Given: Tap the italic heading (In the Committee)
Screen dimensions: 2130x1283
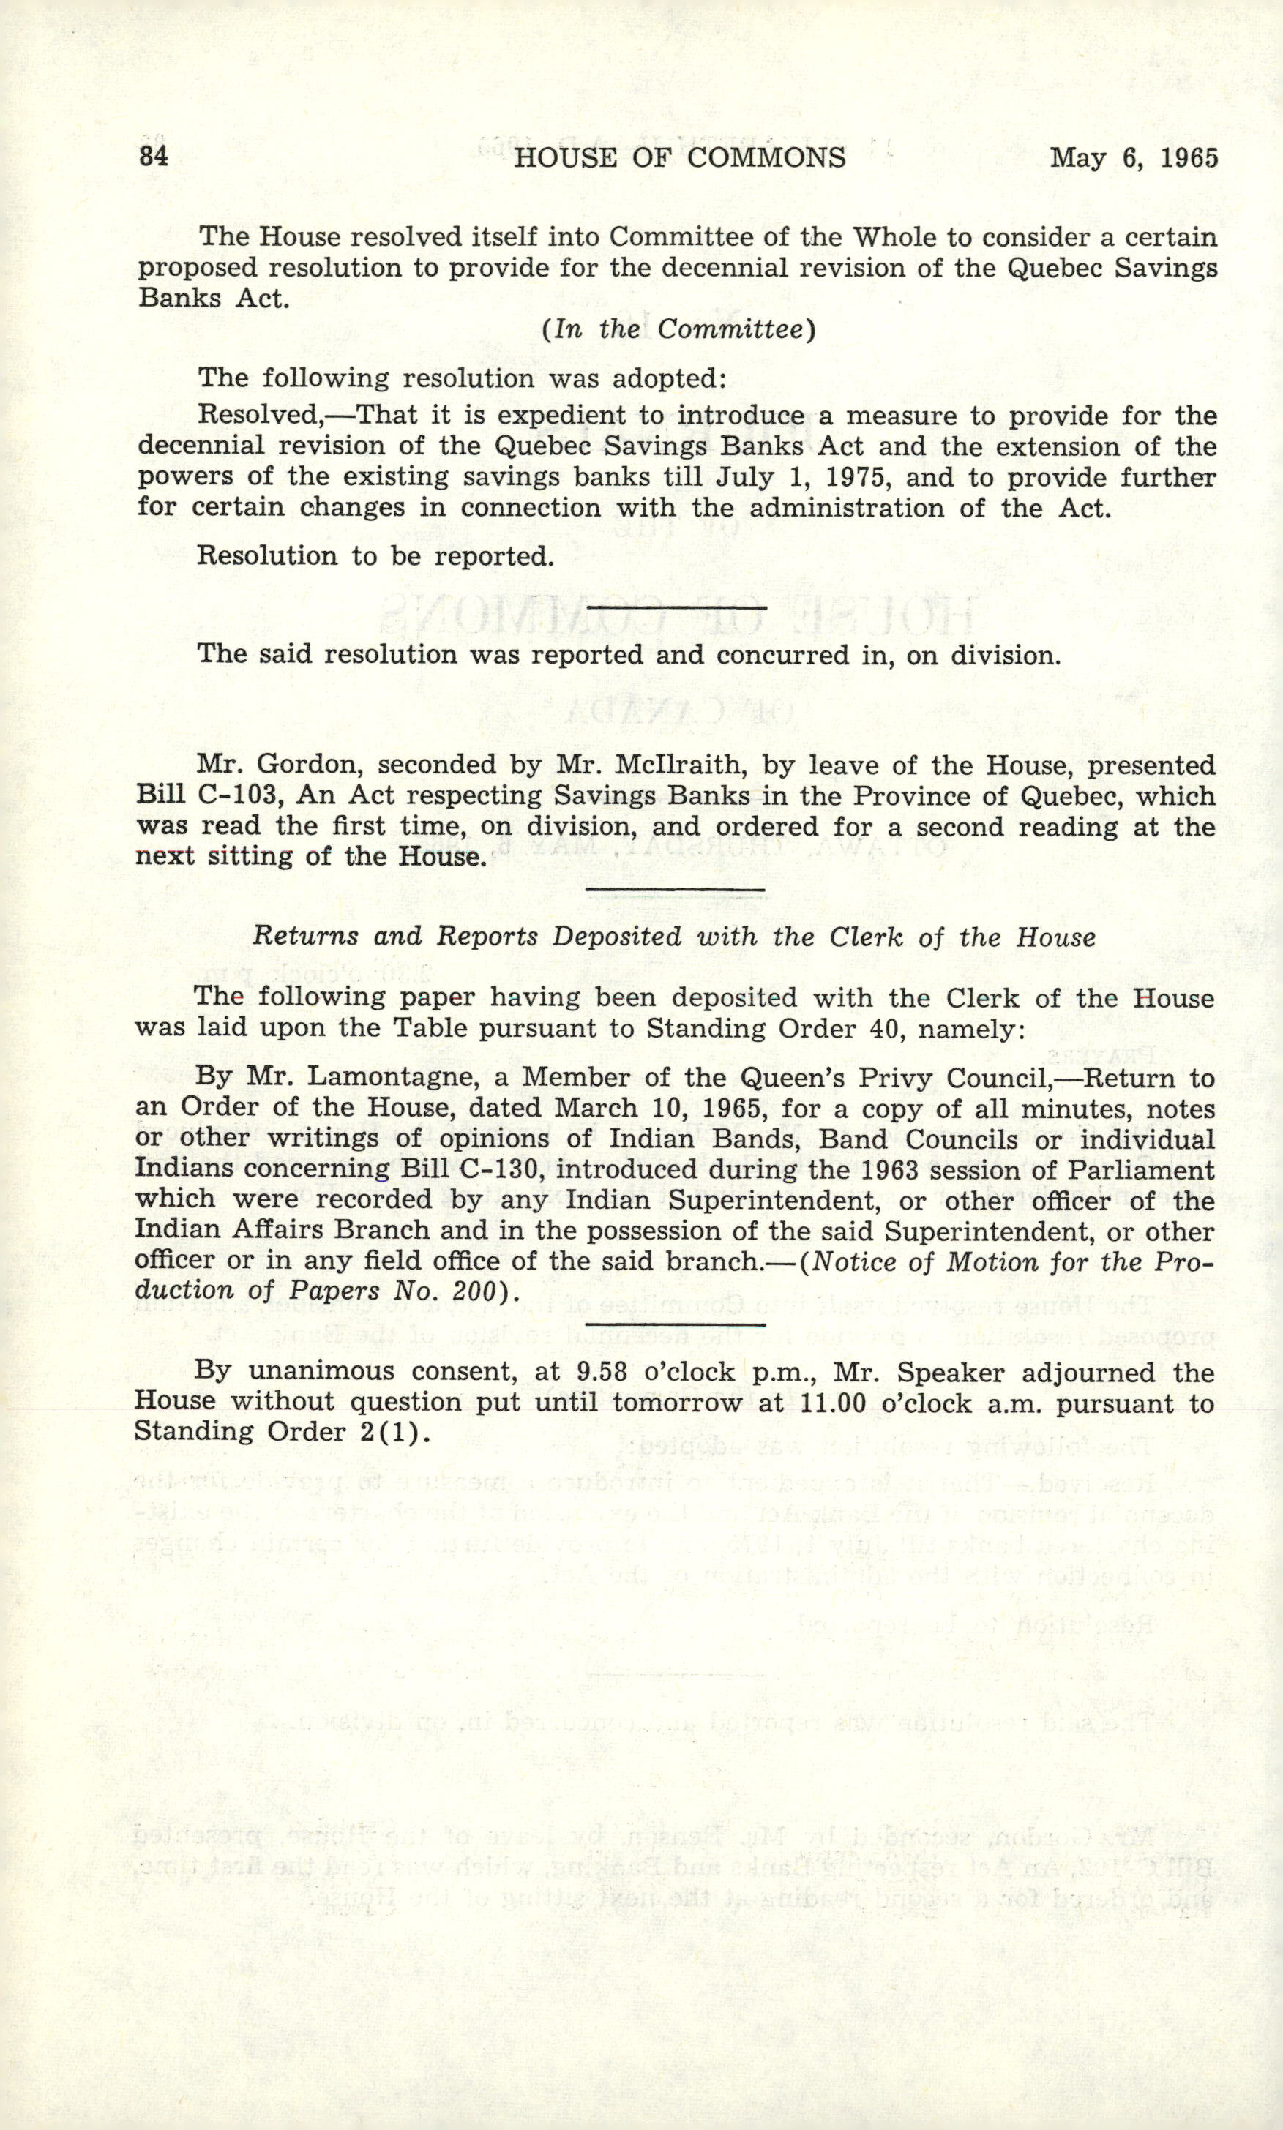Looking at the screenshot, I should [678, 330].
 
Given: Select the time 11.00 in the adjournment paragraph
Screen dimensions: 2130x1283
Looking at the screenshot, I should [834, 1403].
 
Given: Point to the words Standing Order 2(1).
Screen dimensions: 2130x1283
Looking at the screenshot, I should [282, 1432].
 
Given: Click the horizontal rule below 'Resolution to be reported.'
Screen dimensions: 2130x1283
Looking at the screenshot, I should [676, 607].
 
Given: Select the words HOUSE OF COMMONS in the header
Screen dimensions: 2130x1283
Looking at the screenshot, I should [679, 157].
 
